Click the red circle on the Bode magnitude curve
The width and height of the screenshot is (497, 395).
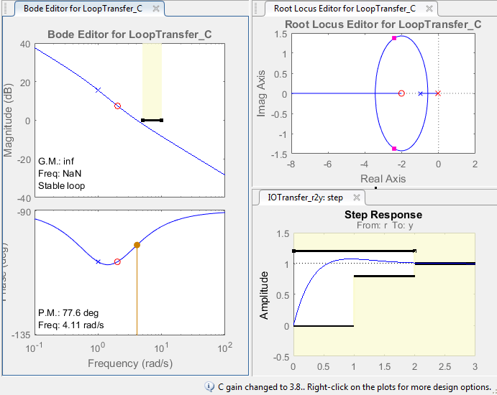tap(117, 106)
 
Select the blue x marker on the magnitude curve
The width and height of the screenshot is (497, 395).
tap(99, 90)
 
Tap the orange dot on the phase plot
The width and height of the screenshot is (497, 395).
tap(137, 246)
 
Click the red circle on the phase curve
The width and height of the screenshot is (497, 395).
tap(117, 261)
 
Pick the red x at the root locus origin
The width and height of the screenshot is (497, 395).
tap(437, 93)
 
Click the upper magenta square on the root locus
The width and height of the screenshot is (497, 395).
tap(394, 38)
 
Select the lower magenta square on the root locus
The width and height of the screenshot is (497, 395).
tap(394, 149)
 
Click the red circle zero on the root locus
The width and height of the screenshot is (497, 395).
tap(401, 93)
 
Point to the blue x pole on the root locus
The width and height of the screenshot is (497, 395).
tap(421, 93)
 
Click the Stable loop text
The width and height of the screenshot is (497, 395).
tap(61, 185)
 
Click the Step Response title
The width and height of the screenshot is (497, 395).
tap(383, 215)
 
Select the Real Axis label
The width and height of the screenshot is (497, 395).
tap(383, 178)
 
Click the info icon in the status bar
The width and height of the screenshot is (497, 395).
tap(209, 386)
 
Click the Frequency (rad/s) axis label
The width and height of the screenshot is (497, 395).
tap(129, 363)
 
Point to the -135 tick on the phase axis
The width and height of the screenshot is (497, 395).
tap(21, 335)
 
